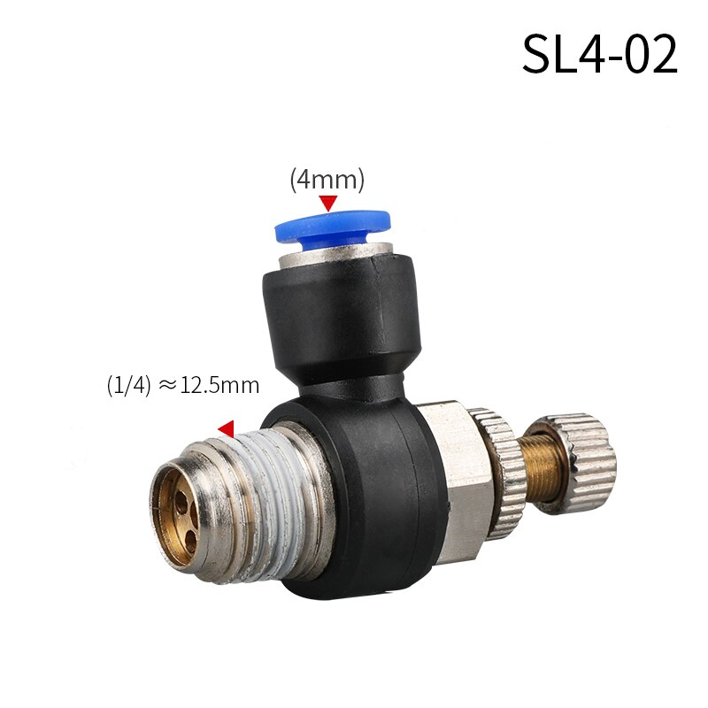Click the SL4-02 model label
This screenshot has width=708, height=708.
(600, 54)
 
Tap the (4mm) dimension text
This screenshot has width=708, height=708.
(327, 180)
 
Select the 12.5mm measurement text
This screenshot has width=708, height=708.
(219, 385)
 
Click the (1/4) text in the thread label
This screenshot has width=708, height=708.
(128, 385)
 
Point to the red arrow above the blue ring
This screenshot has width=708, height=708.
(328, 203)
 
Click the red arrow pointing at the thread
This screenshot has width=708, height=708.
(227, 429)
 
